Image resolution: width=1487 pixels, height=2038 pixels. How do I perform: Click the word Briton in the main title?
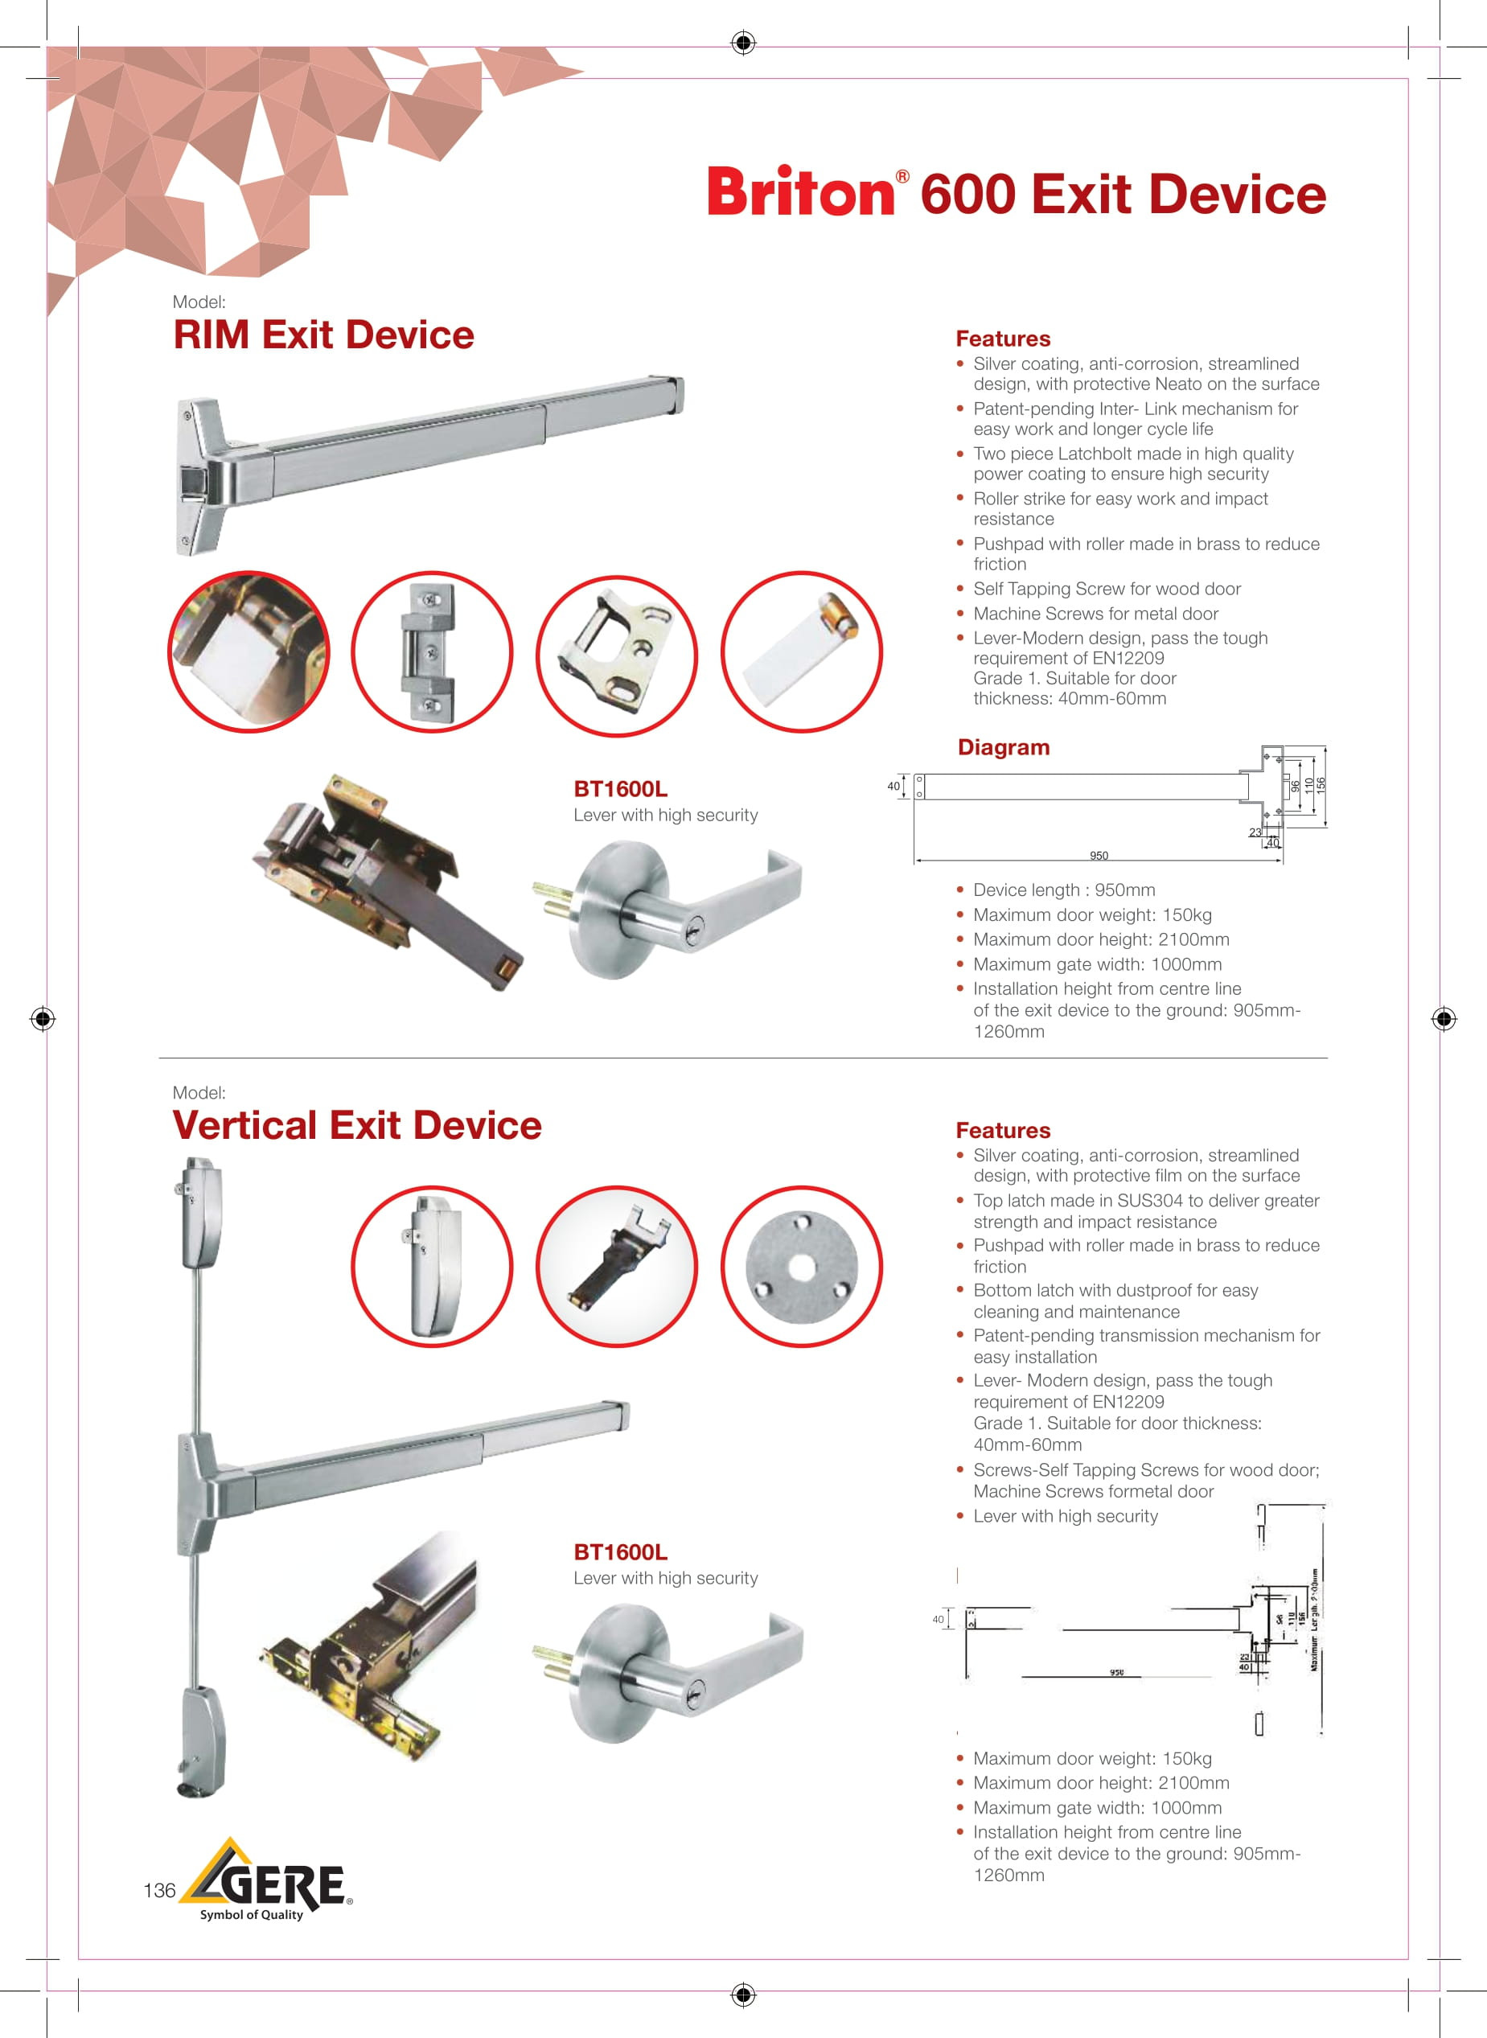click(800, 193)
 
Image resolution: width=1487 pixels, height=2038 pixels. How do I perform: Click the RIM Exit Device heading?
click(323, 335)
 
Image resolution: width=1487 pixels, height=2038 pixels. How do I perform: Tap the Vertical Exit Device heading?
click(356, 1125)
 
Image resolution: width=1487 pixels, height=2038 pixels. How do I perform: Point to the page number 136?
click(159, 1890)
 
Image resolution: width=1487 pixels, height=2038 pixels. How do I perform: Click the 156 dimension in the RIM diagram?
click(1321, 785)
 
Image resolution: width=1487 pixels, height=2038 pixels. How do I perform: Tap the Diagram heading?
click(1003, 747)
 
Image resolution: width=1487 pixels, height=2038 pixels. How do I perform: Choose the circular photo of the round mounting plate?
click(801, 1267)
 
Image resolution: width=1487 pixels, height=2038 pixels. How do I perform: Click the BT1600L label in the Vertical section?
click(620, 1552)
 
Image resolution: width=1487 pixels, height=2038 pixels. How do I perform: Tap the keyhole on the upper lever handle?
click(690, 936)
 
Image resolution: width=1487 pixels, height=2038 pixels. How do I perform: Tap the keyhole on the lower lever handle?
click(690, 1697)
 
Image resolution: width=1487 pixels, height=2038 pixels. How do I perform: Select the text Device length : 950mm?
click(1064, 890)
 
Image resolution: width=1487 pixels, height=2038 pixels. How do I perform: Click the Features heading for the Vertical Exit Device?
click(1003, 1131)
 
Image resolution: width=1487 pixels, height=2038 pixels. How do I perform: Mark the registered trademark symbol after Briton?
click(902, 176)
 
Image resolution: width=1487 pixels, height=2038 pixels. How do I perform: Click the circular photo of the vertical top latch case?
click(432, 1267)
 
